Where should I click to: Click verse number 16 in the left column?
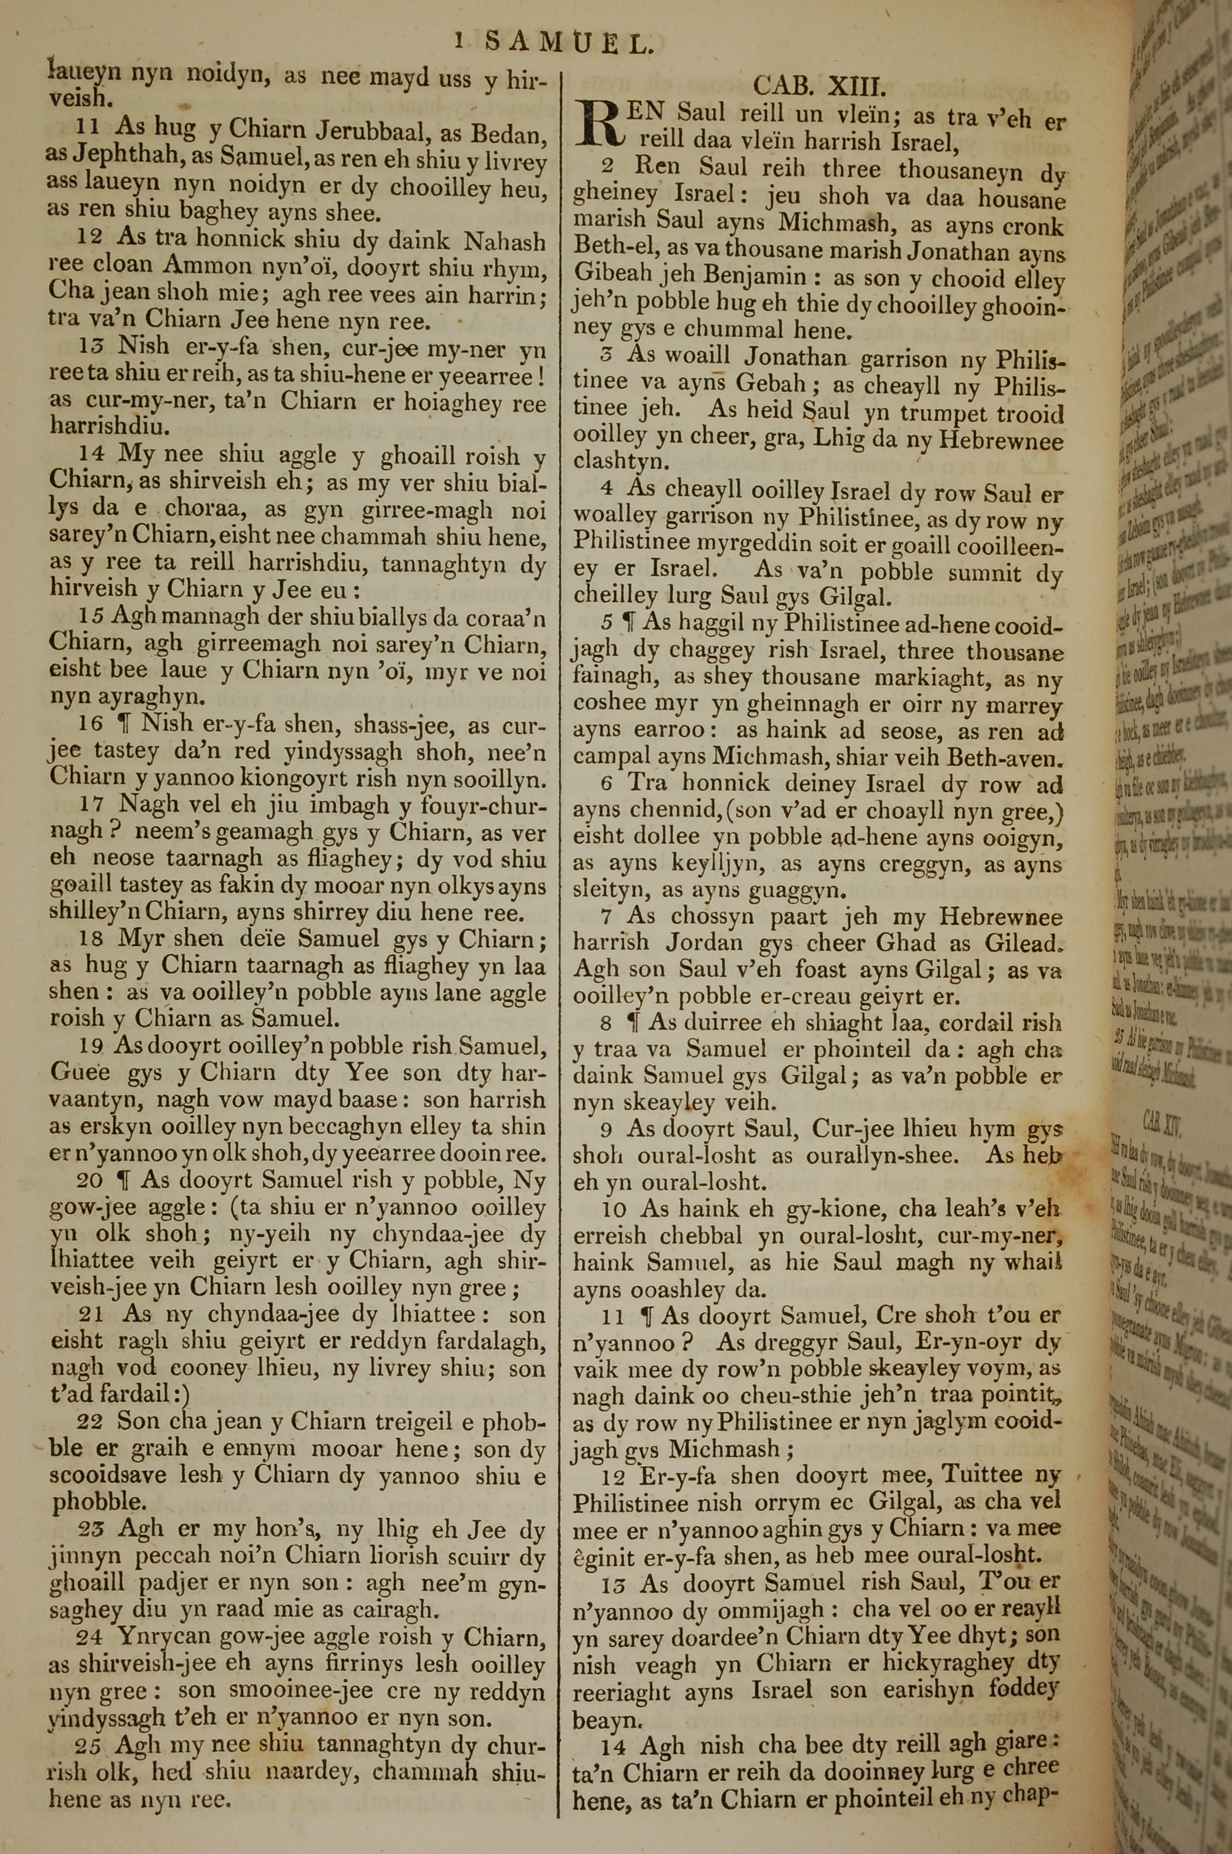coord(91,723)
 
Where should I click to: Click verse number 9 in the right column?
coord(608,1129)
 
